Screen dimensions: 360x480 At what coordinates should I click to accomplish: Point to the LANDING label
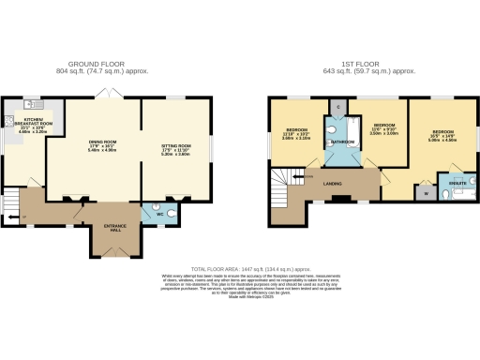(331, 182)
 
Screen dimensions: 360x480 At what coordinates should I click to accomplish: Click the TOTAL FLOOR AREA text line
(241, 266)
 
